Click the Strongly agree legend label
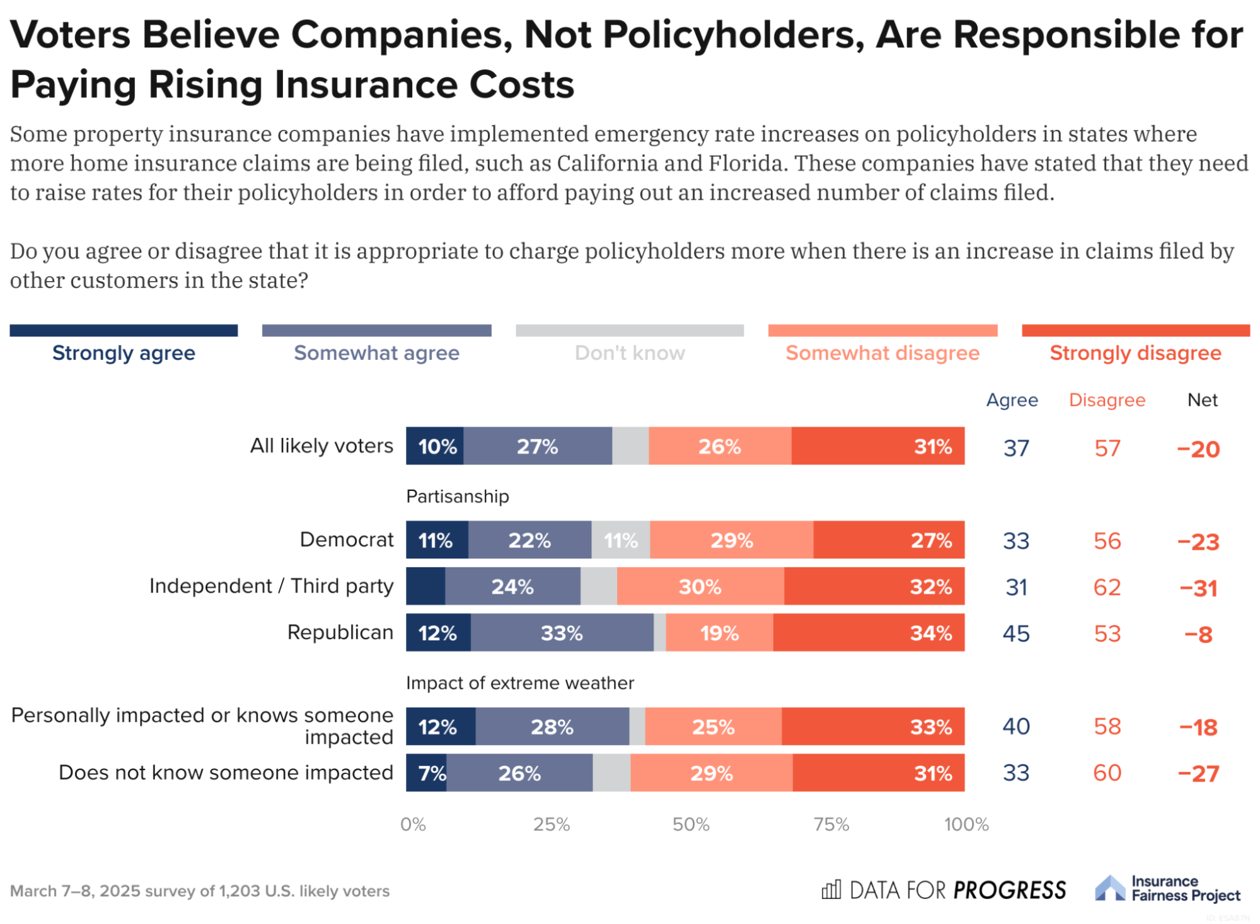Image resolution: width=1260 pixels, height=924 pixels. click(124, 353)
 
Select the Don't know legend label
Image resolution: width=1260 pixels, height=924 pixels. click(629, 353)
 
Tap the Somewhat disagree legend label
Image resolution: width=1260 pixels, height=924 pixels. click(882, 353)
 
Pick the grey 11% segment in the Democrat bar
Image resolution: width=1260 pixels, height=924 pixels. click(620, 540)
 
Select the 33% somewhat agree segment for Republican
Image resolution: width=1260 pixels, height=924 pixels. click(562, 633)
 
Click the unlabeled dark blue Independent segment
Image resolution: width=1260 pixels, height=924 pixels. click(425, 586)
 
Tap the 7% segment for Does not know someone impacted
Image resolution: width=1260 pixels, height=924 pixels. click(427, 773)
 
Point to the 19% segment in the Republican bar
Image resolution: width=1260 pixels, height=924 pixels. click(719, 633)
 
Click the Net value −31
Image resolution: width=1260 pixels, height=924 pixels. click(1198, 588)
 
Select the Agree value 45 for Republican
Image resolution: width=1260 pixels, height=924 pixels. click(1016, 633)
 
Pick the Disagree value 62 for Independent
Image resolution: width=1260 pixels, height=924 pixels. click(1107, 587)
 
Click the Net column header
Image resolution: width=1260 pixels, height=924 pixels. click(1202, 400)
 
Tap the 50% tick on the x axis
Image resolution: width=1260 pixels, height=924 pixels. click(691, 824)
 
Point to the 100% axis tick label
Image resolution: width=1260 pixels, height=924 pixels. click(966, 824)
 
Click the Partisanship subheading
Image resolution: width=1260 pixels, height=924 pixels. click(458, 497)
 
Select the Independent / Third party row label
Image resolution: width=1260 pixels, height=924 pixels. click(271, 586)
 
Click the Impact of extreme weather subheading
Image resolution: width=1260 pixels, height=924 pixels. click(520, 683)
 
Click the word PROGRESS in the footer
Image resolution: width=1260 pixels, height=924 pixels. click(1009, 890)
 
